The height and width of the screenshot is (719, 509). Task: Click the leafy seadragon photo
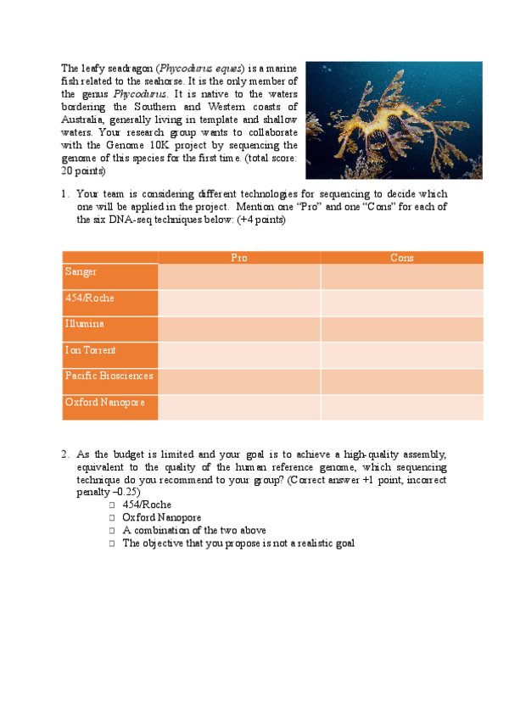(x=394, y=120)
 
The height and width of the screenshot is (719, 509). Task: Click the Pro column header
(x=239, y=258)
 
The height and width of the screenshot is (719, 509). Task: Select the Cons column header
(x=401, y=258)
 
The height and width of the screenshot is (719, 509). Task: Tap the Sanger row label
(x=81, y=272)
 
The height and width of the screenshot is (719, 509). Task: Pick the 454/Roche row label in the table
(x=89, y=298)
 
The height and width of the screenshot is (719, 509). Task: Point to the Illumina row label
(x=85, y=324)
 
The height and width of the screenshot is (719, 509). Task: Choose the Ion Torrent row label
(x=90, y=350)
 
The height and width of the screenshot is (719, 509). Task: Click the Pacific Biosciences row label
(x=109, y=376)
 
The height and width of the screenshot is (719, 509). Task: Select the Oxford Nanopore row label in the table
(x=104, y=402)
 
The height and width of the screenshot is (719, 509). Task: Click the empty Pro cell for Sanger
(x=239, y=276)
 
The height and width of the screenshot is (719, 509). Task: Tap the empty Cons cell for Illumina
(x=401, y=329)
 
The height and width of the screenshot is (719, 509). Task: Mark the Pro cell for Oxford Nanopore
(x=239, y=407)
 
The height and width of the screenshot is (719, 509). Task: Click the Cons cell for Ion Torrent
(x=401, y=355)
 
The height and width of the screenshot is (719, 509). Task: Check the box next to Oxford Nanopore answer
(x=111, y=518)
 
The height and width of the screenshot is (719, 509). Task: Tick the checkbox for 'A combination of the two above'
(x=111, y=531)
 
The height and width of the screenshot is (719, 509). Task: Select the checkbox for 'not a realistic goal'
(x=111, y=543)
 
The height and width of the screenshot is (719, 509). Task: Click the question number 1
(x=65, y=194)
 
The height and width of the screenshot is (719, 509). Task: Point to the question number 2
(x=65, y=454)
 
